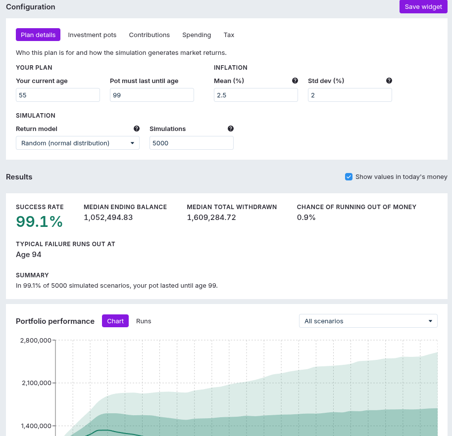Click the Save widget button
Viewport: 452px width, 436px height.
tap(423, 6)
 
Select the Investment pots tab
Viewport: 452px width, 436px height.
tap(92, 35)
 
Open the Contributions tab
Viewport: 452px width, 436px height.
tap(150, 35)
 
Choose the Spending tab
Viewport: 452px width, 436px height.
tap(197, 35)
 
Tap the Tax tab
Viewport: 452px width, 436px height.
tap(229, 35)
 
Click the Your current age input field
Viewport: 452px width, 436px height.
tap(58, 95)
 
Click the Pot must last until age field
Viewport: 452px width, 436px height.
tap(152, 95)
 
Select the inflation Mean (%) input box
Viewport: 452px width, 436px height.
tap(256, 95)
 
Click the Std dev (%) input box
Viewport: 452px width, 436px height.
tap(350, 95)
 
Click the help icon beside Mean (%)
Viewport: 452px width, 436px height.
tap(295, 81)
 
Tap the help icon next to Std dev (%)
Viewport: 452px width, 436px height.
tap(389, 81)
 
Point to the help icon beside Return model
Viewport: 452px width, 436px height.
tap(137, 129)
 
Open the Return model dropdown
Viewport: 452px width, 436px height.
tap(78, 143)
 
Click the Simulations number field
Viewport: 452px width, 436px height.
tap(192, 143)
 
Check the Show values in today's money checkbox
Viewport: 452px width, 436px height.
tap(349, 176)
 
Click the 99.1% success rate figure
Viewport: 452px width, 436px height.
tap(39, 221)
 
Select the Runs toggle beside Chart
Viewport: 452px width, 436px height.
tap(144, 321)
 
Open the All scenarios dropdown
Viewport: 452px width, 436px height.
tap(368, 321)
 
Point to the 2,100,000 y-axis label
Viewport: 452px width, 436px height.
tap(37, 383)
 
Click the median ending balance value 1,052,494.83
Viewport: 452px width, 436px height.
tap(108, 218)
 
